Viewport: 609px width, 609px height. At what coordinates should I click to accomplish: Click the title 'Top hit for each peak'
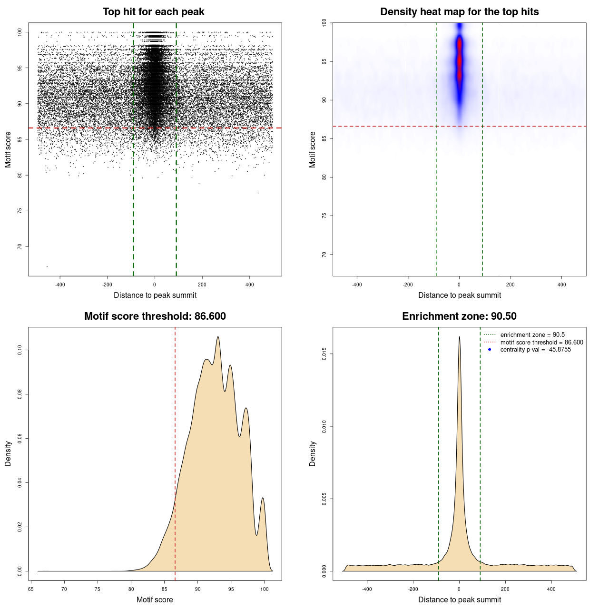coord(153,12)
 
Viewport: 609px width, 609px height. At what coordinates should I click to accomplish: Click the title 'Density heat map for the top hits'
coord(459,12)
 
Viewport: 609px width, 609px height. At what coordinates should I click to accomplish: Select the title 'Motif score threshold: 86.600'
coord(155,316)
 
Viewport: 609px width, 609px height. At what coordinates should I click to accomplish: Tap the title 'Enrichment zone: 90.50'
coord(459,316)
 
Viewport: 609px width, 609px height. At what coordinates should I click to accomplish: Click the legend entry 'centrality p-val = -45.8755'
coord(535,350)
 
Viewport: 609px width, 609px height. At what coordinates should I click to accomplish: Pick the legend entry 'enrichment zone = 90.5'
coord(532,335)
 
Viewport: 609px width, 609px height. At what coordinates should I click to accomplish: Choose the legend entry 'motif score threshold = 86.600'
coord(541,343)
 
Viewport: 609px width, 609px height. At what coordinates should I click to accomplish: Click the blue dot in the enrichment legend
coord(490,350)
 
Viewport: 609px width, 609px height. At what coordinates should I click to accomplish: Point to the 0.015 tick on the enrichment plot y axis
coord(324,354)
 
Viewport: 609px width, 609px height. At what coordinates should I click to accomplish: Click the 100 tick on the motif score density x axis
coord(265,589)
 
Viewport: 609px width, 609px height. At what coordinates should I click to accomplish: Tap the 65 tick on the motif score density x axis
coord(31,589)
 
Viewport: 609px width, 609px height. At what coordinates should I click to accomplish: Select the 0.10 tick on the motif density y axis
coord(20,350)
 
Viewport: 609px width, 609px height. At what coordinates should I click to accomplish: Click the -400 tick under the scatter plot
coord(60,285)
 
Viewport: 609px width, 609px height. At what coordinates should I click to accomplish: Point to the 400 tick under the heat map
coord(561,285)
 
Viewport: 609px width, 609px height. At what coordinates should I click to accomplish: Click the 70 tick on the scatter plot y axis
coord(20,246)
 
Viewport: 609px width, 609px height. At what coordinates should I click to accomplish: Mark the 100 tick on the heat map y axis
coord(324,23)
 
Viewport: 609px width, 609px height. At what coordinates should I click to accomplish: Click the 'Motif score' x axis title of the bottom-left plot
coord(155,599)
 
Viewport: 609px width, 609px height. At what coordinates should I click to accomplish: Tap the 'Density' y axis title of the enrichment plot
coord(313,453)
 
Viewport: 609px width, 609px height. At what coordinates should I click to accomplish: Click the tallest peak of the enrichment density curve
coord(459,337)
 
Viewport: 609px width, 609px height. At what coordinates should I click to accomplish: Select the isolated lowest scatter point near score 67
coord(47,266)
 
